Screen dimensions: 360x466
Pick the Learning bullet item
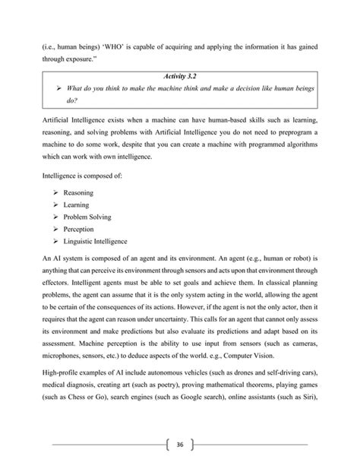(x=79, y=204)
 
